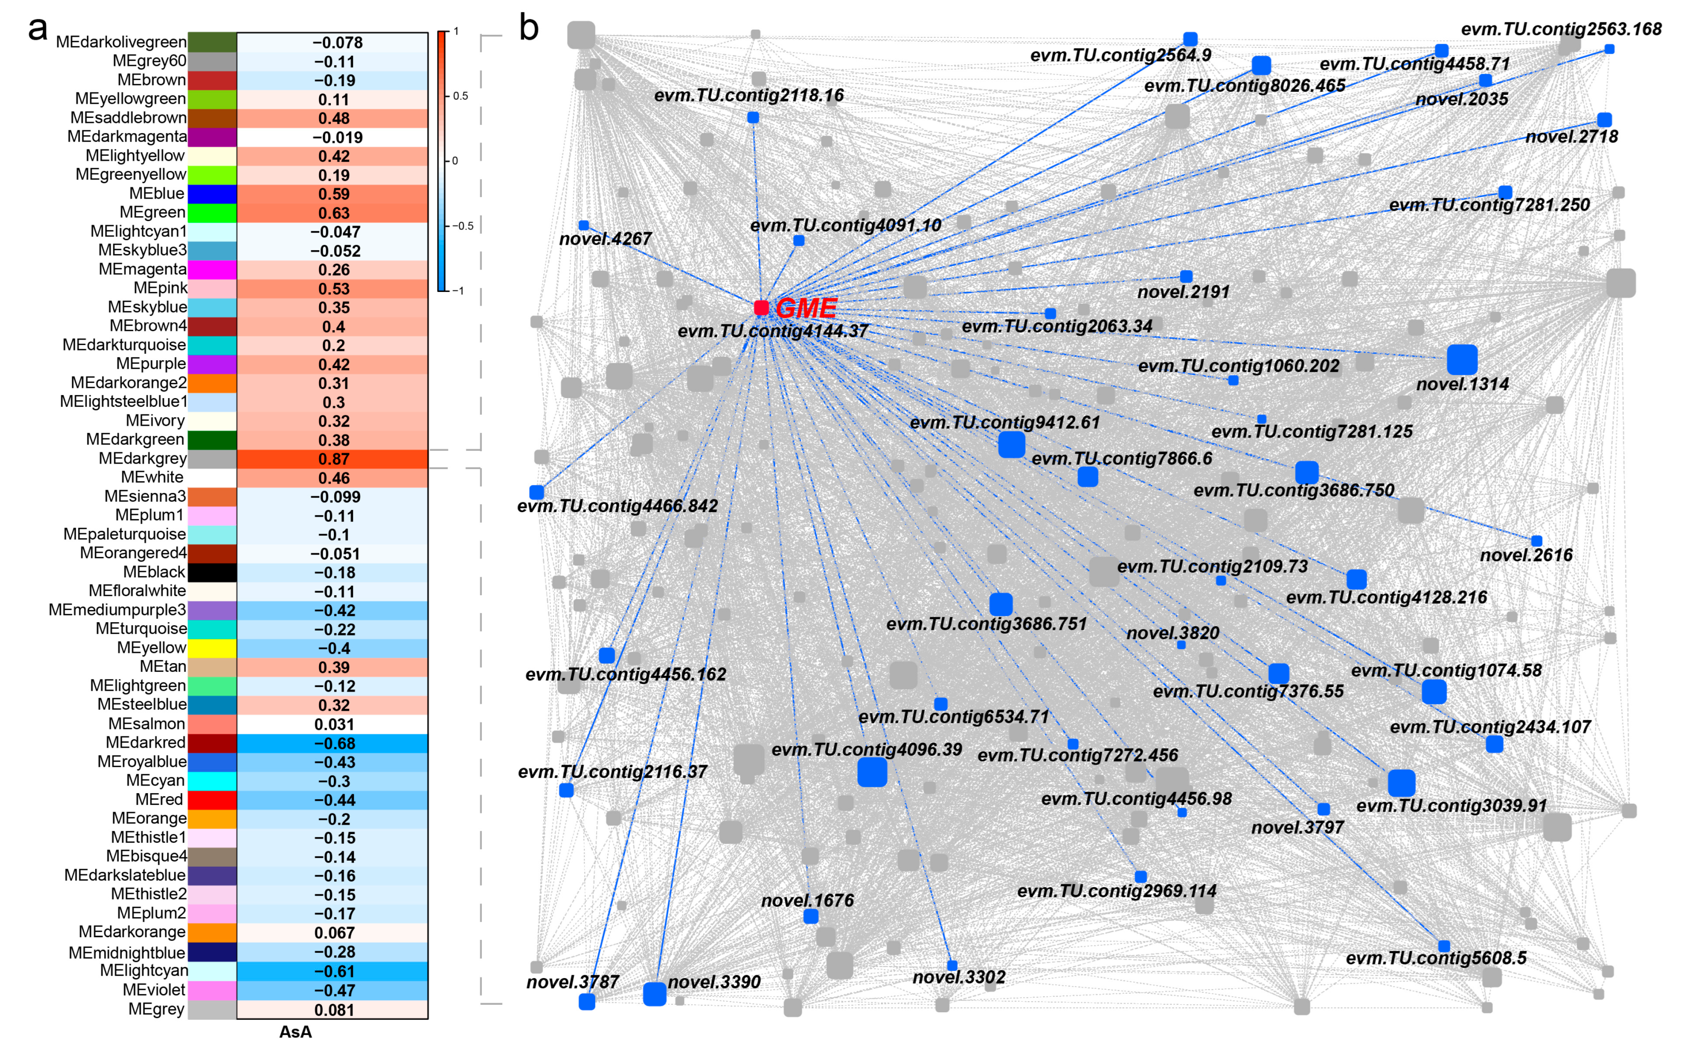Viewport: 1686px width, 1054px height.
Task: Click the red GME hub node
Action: (761, 308)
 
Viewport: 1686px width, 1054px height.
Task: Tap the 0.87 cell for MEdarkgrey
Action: (333, 459)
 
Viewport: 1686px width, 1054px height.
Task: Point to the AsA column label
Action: (295, 1032)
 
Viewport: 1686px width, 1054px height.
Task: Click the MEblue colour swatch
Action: (212, 194)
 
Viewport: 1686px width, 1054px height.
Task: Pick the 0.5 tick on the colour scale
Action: (460, 96)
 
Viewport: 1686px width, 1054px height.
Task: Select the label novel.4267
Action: (604, 239)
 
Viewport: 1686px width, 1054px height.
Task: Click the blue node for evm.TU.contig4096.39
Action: (872, 772)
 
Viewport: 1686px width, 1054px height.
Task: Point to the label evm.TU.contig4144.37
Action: (773, 331)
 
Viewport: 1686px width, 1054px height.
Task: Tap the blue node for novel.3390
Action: (654, 993)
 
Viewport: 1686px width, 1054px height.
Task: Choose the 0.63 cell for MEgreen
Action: (333, 213)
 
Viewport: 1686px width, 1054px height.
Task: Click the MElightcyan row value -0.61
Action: (334, 971)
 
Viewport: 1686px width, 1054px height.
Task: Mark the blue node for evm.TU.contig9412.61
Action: (1011, 444)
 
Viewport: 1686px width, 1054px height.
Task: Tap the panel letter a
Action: (38, 29)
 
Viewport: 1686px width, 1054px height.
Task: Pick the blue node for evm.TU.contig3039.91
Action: (1401, 783)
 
